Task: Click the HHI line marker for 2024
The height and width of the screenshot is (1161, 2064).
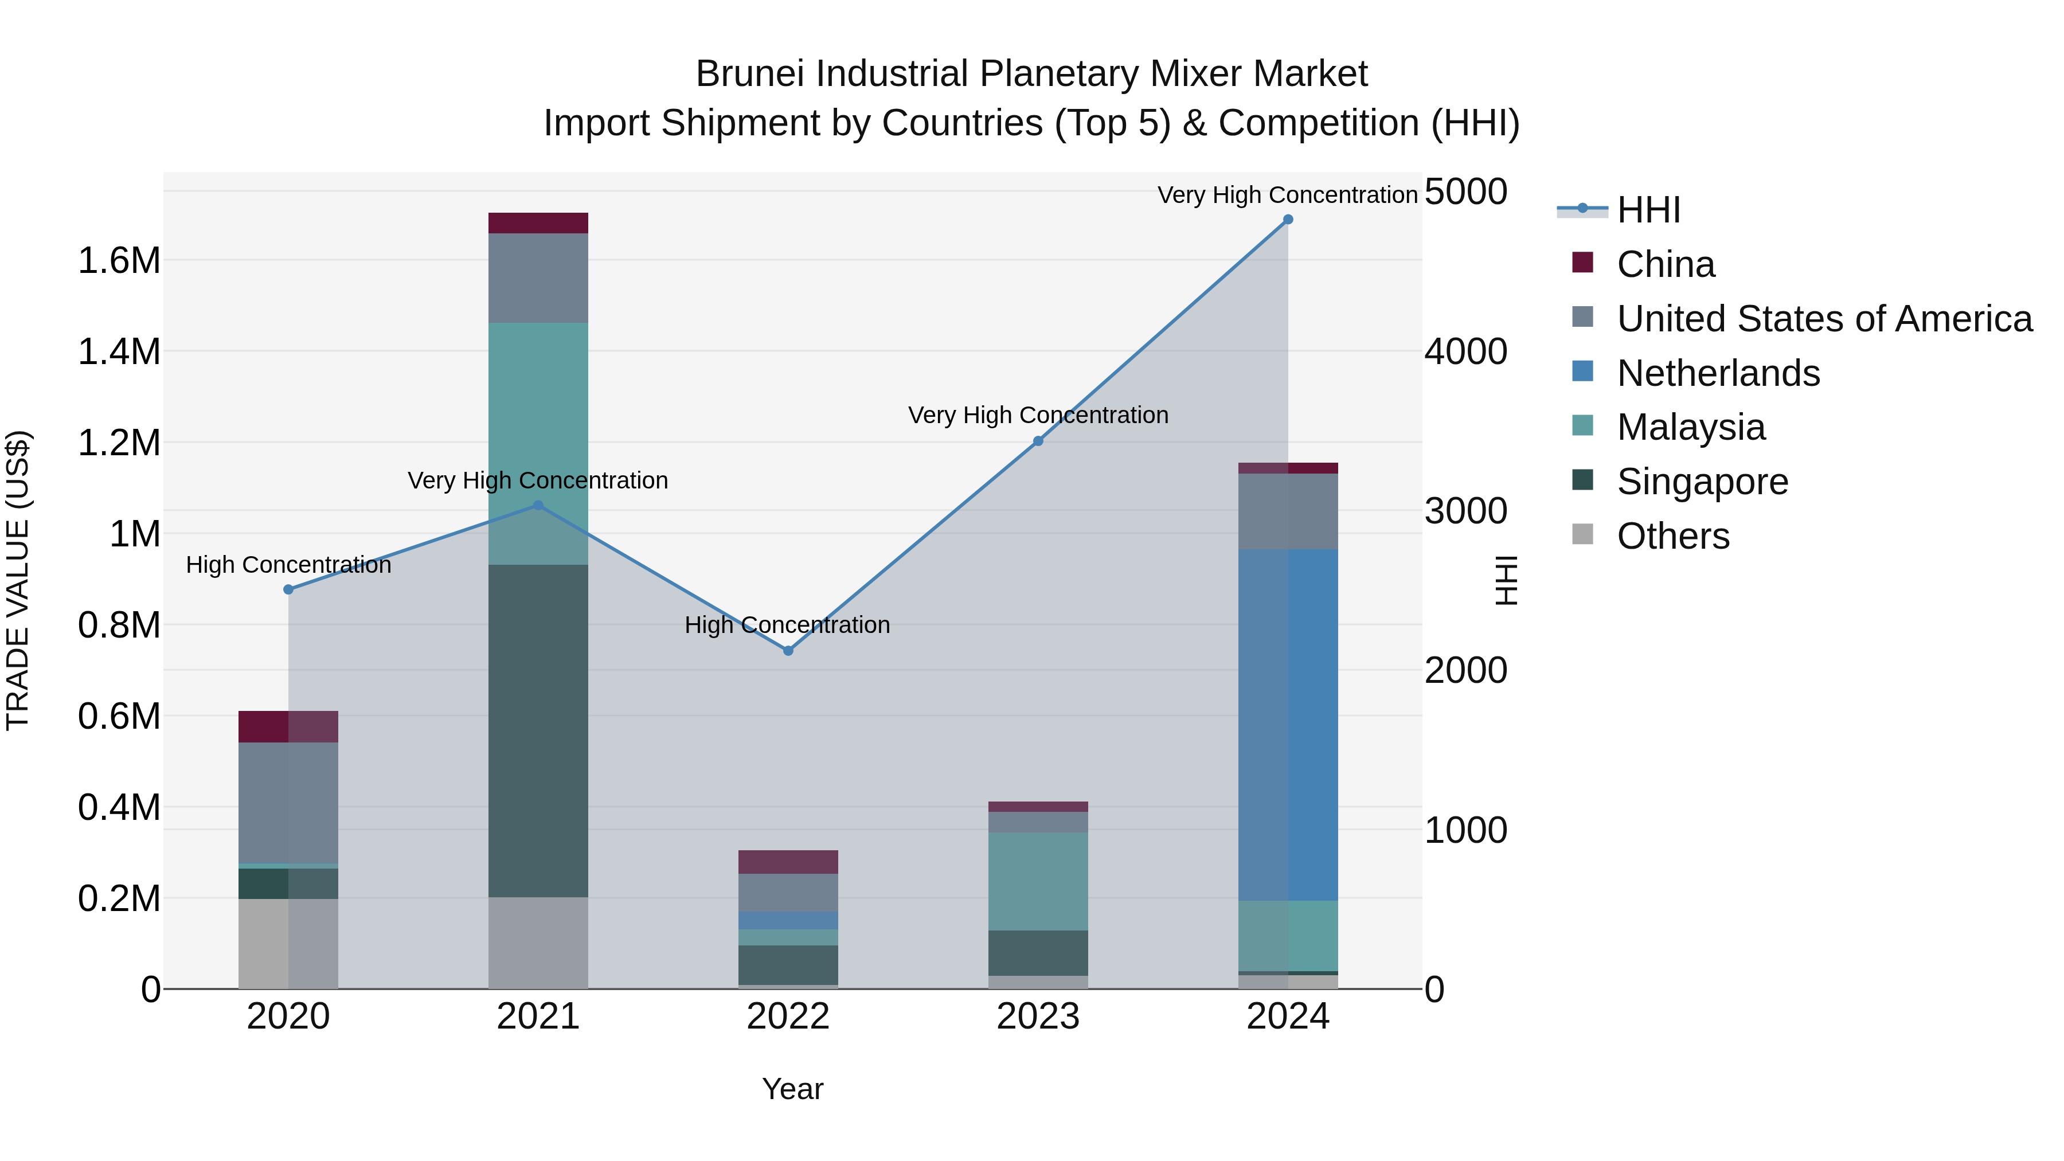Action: (x=1288, y=220)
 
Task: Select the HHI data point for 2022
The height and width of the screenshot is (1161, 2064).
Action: (x=788, y=651)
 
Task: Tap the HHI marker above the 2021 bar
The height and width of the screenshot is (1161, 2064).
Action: (x=538, y=506)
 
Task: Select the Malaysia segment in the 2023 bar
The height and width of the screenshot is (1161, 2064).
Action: (x=1038, y=881)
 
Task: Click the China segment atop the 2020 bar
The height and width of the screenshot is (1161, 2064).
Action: (x=288, y=727)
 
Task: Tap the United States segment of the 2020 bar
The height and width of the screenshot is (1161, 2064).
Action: (x=288, y=802)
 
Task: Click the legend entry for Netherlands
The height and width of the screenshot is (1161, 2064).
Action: (x=1718, y=373)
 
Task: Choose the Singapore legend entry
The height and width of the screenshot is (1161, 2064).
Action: (x=1702, y=482)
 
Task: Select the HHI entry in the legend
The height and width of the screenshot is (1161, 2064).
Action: (x=1648, y=210)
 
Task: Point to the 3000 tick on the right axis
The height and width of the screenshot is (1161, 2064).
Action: (x=1465, y=511)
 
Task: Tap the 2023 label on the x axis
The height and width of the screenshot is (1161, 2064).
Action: (x=1038, y=1017)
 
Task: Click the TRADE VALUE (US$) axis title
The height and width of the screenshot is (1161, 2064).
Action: (x=18, y=580)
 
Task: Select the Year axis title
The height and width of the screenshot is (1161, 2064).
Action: (x=792, y=1089)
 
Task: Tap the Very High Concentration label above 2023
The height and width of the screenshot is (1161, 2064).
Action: (x=1038, y=415)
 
